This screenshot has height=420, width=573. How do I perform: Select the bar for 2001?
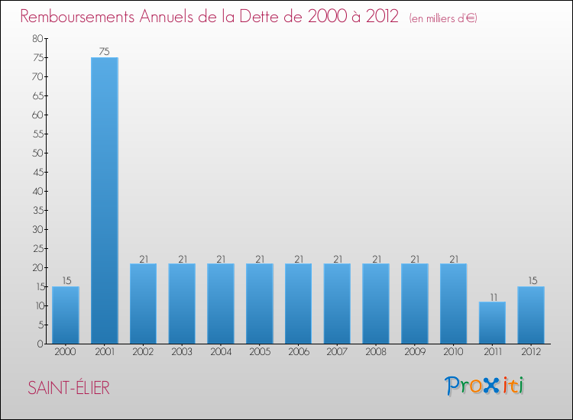click(105, 200)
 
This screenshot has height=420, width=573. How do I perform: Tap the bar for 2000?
click(66, 315)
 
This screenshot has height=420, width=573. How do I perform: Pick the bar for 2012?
click(531, 315)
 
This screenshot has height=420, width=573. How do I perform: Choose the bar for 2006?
click(298, 303)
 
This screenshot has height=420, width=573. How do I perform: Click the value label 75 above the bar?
click(105, 52)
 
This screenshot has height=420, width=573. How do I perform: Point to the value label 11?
click(492, 296)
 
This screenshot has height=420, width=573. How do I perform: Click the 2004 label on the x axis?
click(221, 352)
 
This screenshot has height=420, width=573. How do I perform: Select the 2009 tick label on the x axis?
click(414, 352)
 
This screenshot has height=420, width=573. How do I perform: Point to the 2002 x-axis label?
click(143, 352)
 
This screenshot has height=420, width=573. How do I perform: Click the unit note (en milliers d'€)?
click(443, 18)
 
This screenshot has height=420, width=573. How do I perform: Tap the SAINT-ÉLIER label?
click(69, 388)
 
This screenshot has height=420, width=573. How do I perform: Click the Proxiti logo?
click(485, 386)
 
